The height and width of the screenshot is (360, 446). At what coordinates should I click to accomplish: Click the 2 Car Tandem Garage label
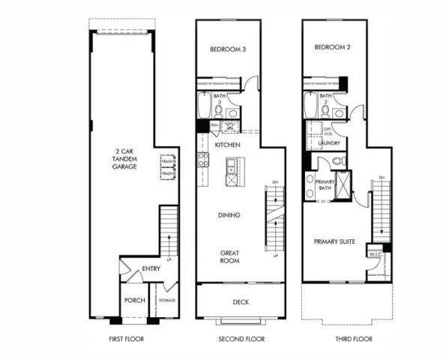122,159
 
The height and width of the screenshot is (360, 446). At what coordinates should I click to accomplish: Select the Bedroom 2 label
333,48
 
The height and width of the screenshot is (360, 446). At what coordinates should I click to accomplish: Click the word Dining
229,215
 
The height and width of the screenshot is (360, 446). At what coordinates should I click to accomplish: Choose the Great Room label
229,256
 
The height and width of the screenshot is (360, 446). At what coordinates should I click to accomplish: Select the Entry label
151,268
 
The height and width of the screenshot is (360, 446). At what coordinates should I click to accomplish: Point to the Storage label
166,301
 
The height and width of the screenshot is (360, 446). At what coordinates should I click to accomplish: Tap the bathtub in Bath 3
205,104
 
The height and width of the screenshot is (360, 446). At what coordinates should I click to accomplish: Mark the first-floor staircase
169,232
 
